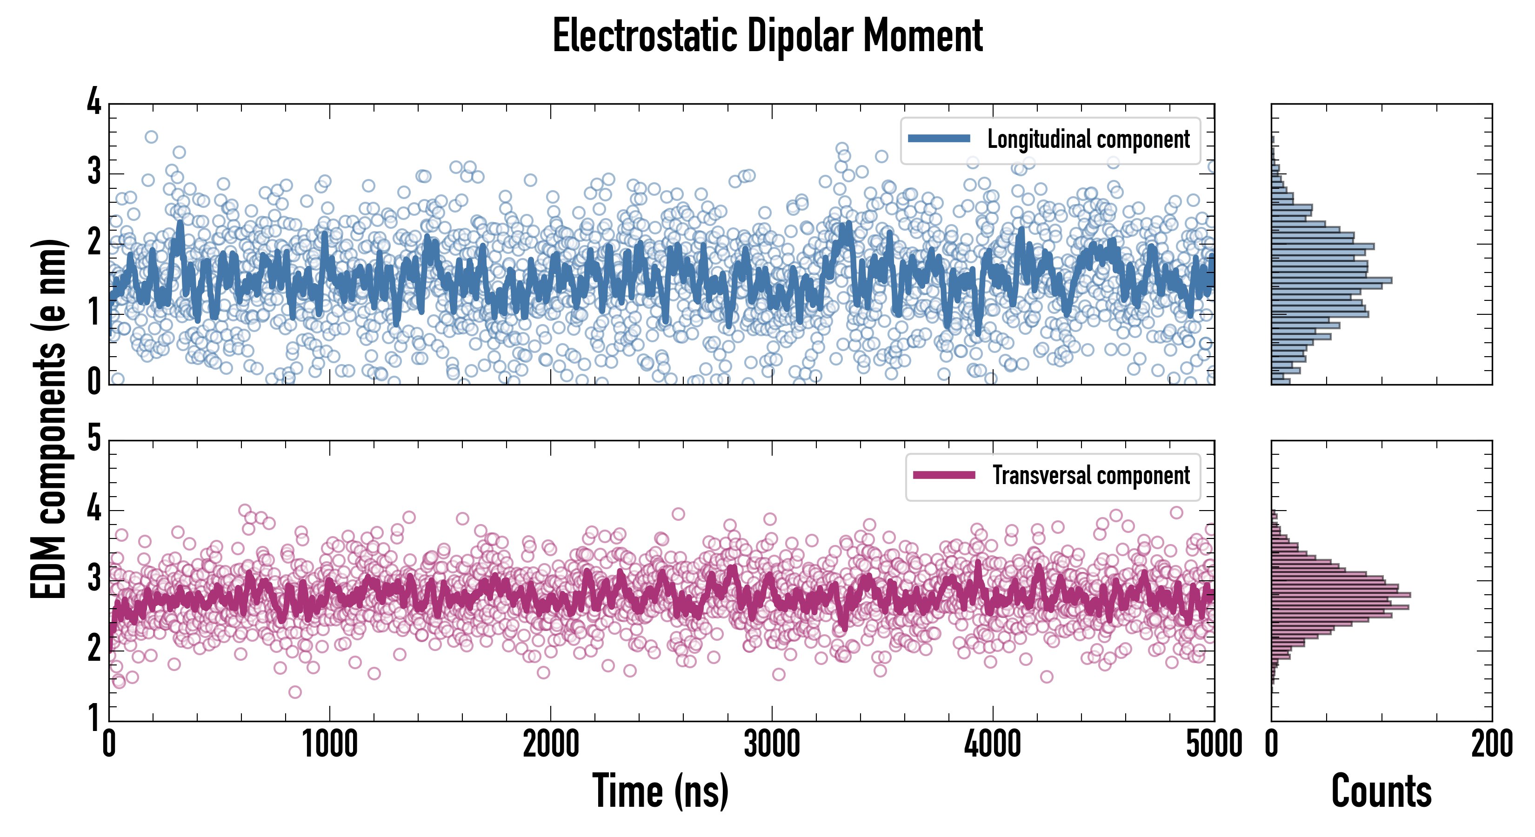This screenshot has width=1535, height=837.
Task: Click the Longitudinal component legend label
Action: tap(1088, 139)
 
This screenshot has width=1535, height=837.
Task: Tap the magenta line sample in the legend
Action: tap(943, 475)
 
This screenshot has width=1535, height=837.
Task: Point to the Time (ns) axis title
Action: tap(660, 791)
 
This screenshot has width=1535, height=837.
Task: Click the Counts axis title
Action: tap(1381, 791)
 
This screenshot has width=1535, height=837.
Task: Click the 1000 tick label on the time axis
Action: tap(329, 744)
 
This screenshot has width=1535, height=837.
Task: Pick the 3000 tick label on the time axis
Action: tap(772, 744)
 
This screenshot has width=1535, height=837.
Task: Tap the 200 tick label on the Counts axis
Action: tap(1491, 744)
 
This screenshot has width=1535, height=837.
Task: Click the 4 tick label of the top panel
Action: tap(94, 101)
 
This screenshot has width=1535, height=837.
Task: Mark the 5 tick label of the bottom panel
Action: tap(94, 438)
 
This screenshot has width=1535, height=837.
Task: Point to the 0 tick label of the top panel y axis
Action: tap(94, 381)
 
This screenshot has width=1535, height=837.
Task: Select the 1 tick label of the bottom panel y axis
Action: tap(94, 717)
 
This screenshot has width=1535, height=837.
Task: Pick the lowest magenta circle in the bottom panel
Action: tap(295, 691)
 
